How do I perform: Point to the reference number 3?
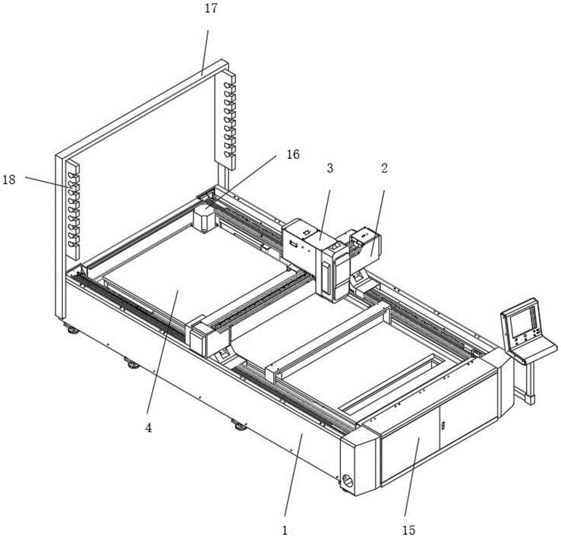point(330,168)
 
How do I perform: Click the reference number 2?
point(384,168)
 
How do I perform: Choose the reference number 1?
point(284,528)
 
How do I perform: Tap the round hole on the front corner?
point(348,480)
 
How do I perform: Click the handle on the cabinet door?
point(442,426)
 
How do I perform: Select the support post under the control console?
point(528,382)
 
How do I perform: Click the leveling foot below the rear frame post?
point(72,330)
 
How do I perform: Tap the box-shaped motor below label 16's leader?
point(204,219)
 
